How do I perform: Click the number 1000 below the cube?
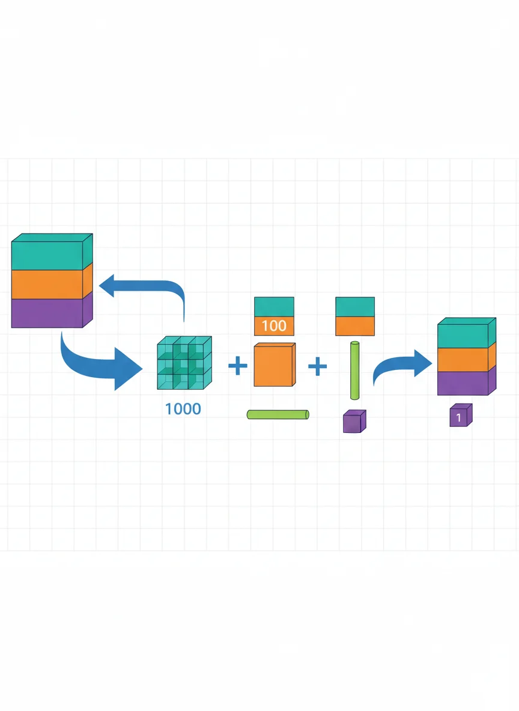(183, 409)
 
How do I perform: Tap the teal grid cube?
(184, 363)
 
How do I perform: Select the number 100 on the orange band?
(274, 325)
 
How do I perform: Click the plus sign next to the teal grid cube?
(238, 366)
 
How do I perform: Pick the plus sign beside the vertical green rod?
(318, 366)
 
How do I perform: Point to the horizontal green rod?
(278, 414)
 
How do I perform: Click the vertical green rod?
(355, 371)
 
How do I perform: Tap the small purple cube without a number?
(354, 421)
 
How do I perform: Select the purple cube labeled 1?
(461, 416)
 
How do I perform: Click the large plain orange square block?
(275, 365)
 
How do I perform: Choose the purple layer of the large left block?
(52, 310)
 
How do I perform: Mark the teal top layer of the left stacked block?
(52, 253)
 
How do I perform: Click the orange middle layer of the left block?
(52, 283)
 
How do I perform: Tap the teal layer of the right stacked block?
(466, 333)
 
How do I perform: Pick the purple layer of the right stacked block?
(466, 382)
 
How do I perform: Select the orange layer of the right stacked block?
(466, 359)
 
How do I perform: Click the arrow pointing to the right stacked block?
(399, 364)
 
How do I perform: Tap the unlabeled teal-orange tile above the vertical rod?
(355, 316)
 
